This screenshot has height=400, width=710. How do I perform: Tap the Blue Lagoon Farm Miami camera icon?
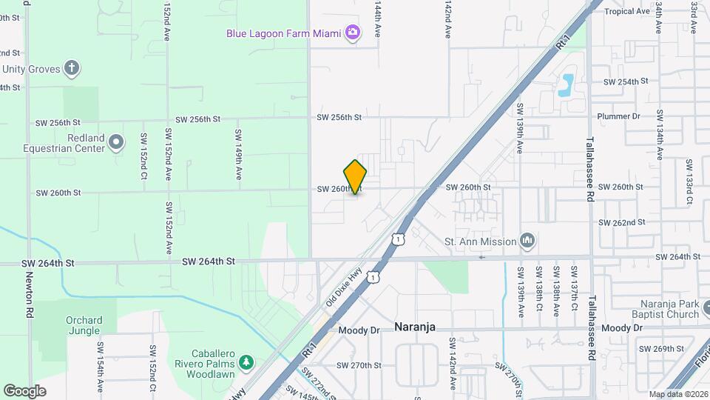click(x=354, y=33)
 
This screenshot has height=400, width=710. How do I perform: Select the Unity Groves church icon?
click(x=72, y=70)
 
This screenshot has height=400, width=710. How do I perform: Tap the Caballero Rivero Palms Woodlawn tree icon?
click(x=246, y=363)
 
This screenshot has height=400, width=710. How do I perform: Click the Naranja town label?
click(x=415, y=327)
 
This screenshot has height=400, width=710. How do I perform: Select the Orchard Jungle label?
click(x=84, y=326)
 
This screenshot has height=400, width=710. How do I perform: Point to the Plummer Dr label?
click(x=619, y=116)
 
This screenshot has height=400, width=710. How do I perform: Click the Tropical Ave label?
click(x=626, y=11)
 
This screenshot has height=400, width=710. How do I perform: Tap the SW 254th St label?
click(x=626, y=81)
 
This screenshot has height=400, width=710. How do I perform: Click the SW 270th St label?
click(x=359, y=365)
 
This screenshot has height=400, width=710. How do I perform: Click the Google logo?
click(x=24, y=391)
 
